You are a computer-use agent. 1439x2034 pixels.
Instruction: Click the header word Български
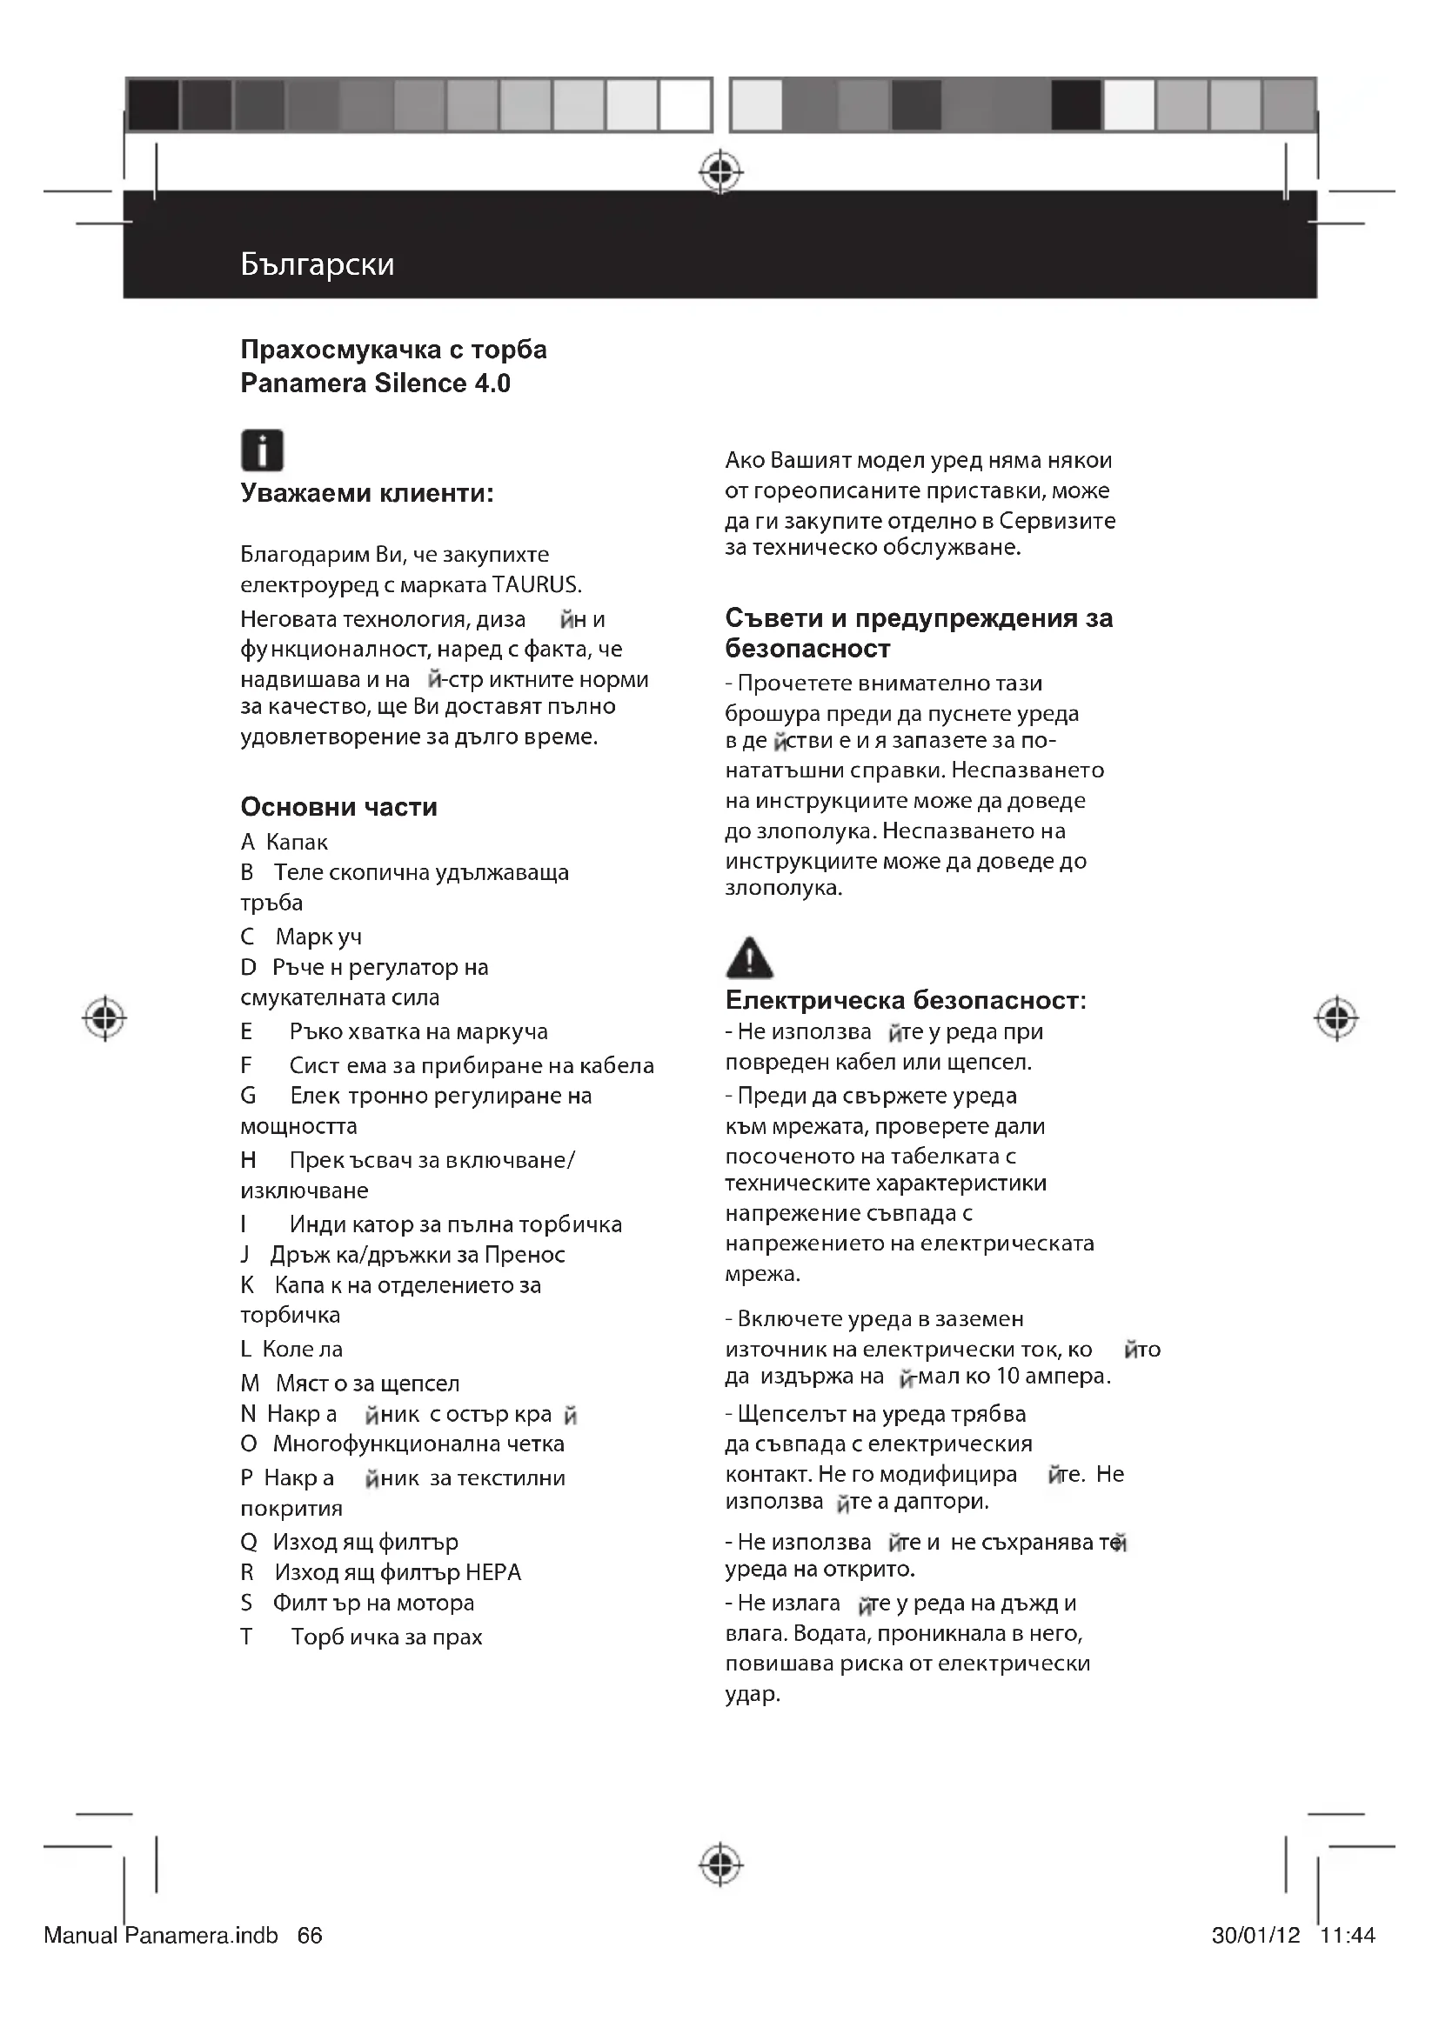click(x=317, y=264)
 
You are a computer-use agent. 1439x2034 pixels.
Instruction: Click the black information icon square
click(x=262, y=450)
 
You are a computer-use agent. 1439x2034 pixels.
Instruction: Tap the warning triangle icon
click(x=749, y=957)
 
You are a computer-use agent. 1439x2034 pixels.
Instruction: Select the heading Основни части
click(x=338, y=807)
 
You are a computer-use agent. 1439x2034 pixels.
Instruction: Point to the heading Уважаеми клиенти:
click(x=367, y=492)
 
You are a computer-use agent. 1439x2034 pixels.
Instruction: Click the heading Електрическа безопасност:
click(x=905, y=1000)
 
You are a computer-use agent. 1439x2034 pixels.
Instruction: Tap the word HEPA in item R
click(x=492, y=1572)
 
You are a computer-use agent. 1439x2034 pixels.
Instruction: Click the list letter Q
click(x=249, y=1543)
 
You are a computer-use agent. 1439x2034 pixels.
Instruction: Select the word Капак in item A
click(x=297, y=843)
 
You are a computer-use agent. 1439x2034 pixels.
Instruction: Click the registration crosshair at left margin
click(x=104, y=1019)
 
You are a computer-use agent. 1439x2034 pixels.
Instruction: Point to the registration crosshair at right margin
click(x=1336, y=1019)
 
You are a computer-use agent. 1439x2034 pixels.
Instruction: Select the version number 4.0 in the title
click(x=492, y=383)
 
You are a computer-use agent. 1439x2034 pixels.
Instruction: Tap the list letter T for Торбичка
click(x=246, y=1637)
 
